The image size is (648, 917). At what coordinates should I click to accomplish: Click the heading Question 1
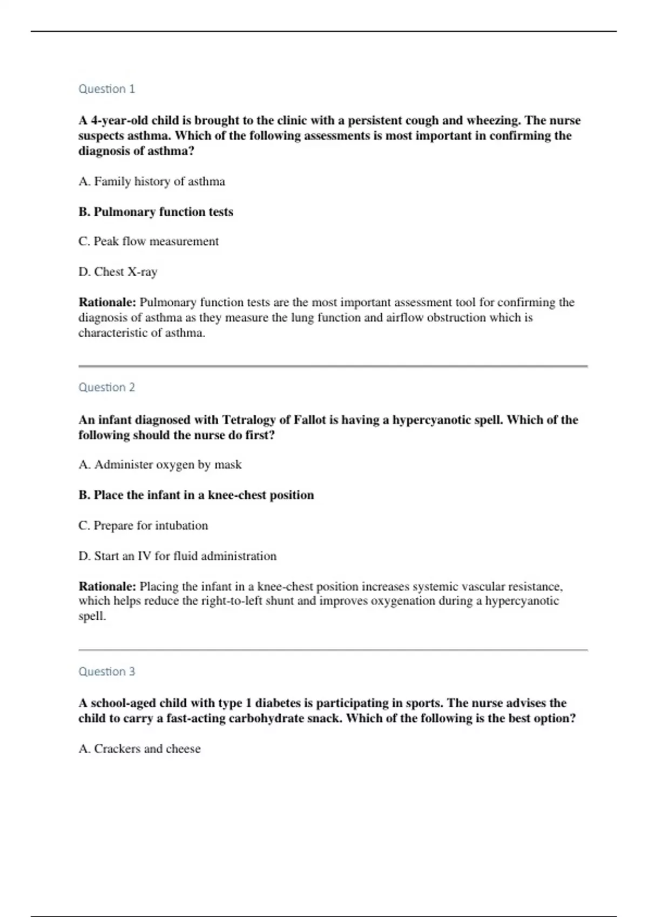106,89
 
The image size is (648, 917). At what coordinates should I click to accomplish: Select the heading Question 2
106,387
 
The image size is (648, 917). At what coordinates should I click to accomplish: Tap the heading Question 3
106,672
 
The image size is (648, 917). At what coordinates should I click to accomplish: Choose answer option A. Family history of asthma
152,182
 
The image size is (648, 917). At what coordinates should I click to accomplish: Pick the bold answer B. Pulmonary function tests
156,212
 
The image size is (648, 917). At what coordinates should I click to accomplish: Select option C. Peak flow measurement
148,242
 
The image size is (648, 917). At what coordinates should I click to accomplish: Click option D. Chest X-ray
118,272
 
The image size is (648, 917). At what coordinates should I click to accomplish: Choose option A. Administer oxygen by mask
160,465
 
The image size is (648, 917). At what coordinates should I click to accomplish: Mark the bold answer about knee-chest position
196,495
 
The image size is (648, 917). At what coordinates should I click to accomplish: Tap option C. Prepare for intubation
143,526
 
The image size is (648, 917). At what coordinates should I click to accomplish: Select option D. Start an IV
177,556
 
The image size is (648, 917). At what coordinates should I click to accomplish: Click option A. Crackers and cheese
139,749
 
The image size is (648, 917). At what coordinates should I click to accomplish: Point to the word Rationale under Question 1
107,303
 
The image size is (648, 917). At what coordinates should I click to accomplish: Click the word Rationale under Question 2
107,587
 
